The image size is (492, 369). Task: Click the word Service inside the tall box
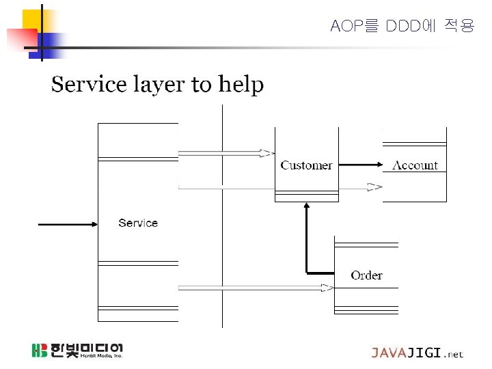coord(138,223)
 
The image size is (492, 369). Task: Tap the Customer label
coord(306,165)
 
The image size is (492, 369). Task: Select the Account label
coord(415,165)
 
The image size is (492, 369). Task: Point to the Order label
coord(366,275)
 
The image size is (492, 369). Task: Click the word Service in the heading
coord(90,85)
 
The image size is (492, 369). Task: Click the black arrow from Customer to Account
coord(361,165)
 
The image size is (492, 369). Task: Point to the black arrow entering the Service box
coord(68,223)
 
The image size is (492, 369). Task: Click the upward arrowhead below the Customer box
coord(307,206)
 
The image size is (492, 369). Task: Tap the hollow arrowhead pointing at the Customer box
coord(268,153)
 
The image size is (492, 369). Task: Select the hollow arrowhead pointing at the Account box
coord(374,187)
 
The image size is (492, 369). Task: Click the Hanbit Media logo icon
coord(40,351)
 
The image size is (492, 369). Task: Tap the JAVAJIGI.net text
coord(417,353)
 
